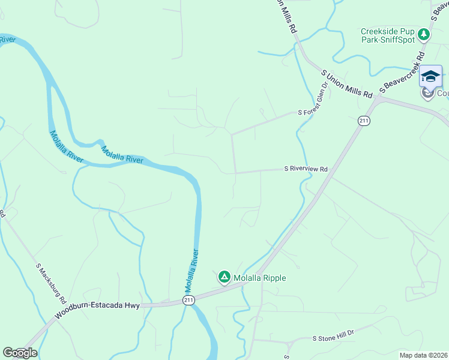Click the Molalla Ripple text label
[259, 278]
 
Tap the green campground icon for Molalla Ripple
[224, 277]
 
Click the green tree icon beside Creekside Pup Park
[424, 34]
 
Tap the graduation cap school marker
[430, 76]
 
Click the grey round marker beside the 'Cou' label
[427, 93]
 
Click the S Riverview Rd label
[306, 170]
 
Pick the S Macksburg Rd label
[49, 282]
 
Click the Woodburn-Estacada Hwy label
[97, 309]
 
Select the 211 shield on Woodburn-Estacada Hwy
[188, 300]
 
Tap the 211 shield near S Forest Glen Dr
[364, 121]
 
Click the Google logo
[20, 353]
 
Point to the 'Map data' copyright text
[423, 355]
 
